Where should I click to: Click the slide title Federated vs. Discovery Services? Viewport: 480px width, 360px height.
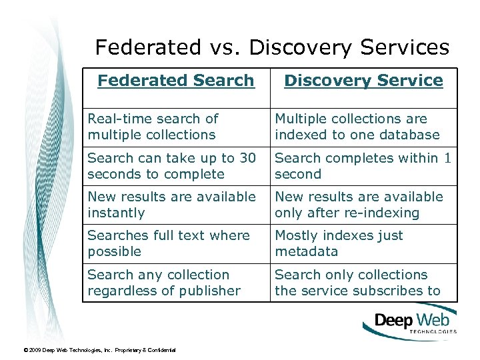tap(272, 47)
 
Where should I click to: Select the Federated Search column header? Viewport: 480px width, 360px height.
tap(176, 81)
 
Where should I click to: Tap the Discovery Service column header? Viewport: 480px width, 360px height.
tap(363, 81)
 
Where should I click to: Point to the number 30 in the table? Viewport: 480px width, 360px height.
tap(247, 158)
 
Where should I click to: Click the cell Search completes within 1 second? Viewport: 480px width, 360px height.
tap(363, 166)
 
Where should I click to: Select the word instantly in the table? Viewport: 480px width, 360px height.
tap(116, 213)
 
